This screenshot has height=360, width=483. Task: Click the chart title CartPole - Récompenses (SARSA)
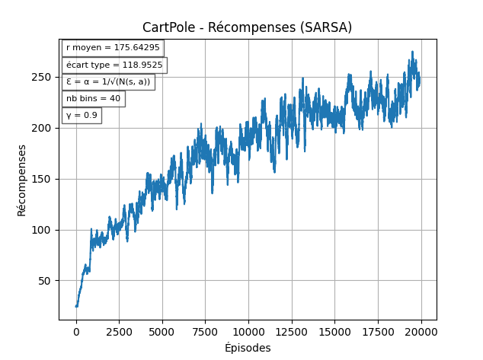(247, 27)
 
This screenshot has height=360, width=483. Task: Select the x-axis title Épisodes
(247, 348)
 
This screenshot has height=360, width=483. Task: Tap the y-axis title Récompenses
(22, 180)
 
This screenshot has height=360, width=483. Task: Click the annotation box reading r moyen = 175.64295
(113, 47)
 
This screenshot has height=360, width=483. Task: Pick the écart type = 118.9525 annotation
(114, 65)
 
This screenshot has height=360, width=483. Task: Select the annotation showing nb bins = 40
(93, 98)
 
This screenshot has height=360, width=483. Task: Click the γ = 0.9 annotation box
(82, 116)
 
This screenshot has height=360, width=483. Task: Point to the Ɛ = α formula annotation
(108, 81)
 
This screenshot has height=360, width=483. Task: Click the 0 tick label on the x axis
(76, 331)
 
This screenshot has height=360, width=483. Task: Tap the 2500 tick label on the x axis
(119, 331)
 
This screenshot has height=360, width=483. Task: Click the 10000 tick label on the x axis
(248, 331)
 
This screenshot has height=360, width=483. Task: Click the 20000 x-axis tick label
(421, 331)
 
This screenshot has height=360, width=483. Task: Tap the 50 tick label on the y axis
(46, 281)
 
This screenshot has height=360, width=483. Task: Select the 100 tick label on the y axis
(43, 230)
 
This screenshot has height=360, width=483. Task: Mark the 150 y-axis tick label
(43, 179)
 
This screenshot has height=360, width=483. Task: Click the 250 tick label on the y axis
(43, 77)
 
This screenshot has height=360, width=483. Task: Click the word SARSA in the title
(328, 27)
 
